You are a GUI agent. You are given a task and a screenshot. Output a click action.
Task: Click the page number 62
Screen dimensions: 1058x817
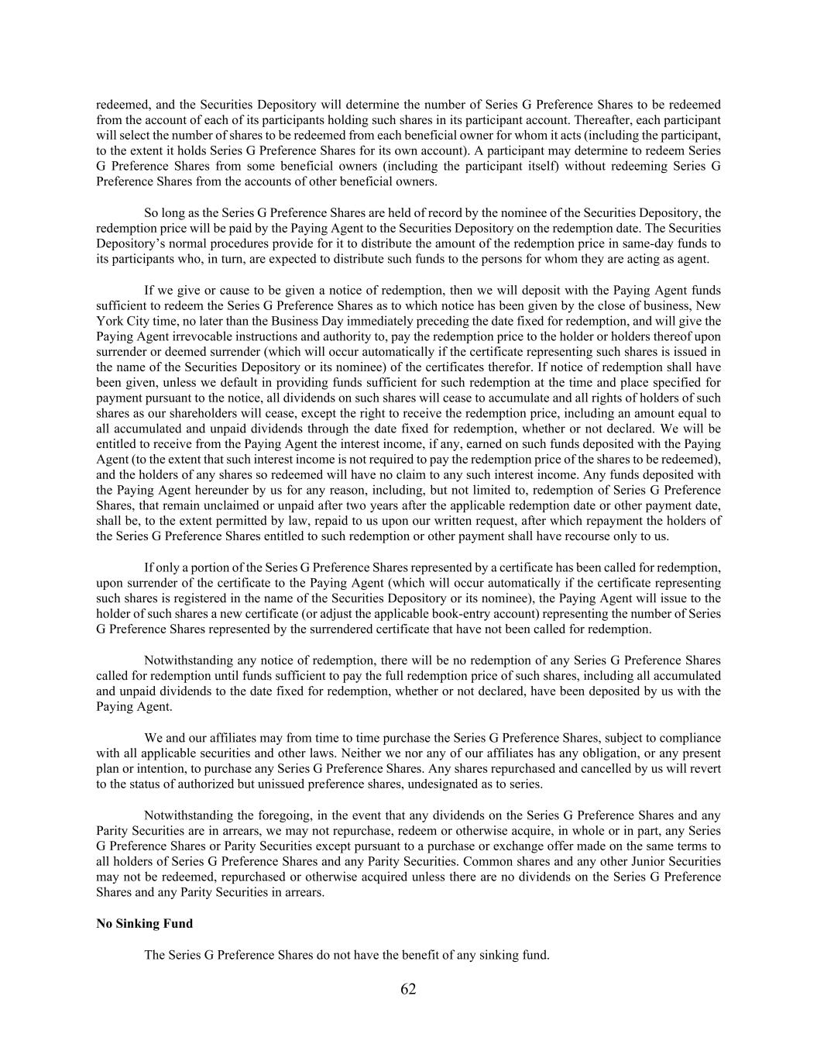(408, 989)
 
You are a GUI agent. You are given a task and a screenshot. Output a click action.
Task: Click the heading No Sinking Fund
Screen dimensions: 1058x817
(144, 923)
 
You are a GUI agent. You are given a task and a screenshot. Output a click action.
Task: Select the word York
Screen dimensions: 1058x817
(109, 321)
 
